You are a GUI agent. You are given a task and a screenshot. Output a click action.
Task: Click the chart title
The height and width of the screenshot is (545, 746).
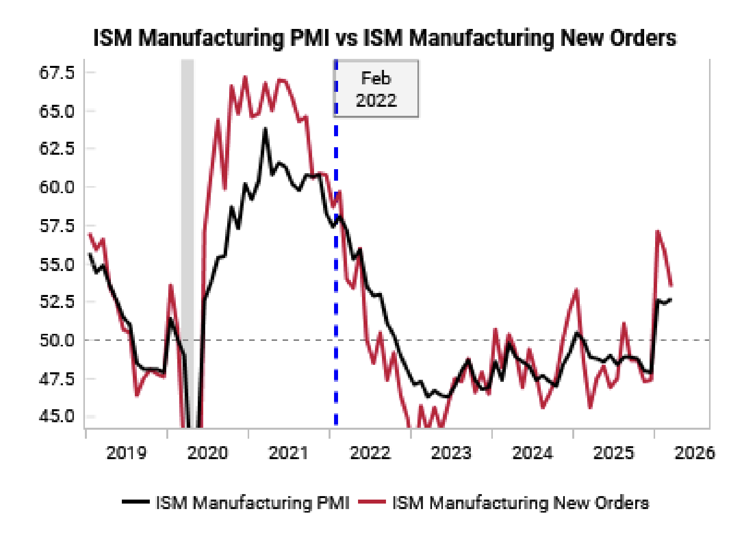(384, 38)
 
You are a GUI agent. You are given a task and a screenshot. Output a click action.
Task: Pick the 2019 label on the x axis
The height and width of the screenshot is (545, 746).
(126, 453)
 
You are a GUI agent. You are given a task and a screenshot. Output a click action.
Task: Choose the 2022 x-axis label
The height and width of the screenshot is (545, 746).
(370, 453)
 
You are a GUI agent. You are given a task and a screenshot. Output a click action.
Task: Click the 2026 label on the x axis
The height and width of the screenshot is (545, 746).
(695, 453)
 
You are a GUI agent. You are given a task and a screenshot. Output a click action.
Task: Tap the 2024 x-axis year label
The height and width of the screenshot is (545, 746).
(532, 453)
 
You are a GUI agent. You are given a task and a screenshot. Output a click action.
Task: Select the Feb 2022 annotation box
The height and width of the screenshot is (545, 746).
(376, 89)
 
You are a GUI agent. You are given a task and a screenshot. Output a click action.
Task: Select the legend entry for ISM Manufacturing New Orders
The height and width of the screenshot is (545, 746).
(520, 503)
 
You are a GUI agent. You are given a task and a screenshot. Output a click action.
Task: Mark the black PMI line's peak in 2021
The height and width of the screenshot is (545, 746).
(265, 129)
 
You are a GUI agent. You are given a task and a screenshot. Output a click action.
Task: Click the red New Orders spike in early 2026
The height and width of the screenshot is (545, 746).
(658, 232)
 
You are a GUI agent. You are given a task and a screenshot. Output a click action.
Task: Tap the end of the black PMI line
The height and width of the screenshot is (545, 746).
(670, 299)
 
